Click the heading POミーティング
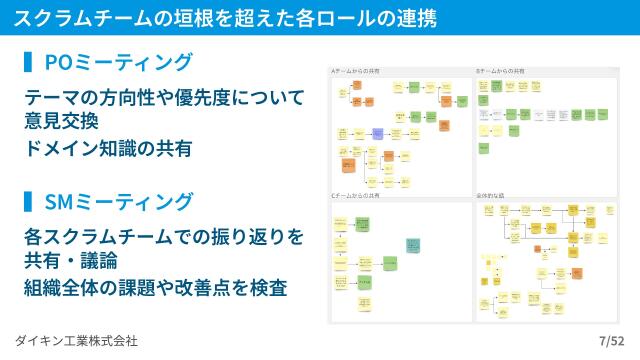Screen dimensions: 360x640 (x=119, y=62)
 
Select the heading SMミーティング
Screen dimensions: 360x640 (x=119, y=201)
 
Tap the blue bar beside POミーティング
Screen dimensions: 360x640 (x=28, y=62)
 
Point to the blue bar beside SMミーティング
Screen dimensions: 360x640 (x=28, y=201)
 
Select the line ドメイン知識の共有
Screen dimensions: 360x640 (x=108, y=148)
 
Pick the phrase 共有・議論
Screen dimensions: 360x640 (x=70, y=261)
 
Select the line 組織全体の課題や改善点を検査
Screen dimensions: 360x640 (x=155, y=288)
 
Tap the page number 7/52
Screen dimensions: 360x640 (x=611, y=341)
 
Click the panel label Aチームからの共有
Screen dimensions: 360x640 (x=355, y=71)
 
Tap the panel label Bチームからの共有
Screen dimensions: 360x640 (x=500, y=71)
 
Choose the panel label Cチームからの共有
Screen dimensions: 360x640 (x=355, y=196)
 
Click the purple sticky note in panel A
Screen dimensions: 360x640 (x=378, y=133)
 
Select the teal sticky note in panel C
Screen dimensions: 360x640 (x=413, y=245)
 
